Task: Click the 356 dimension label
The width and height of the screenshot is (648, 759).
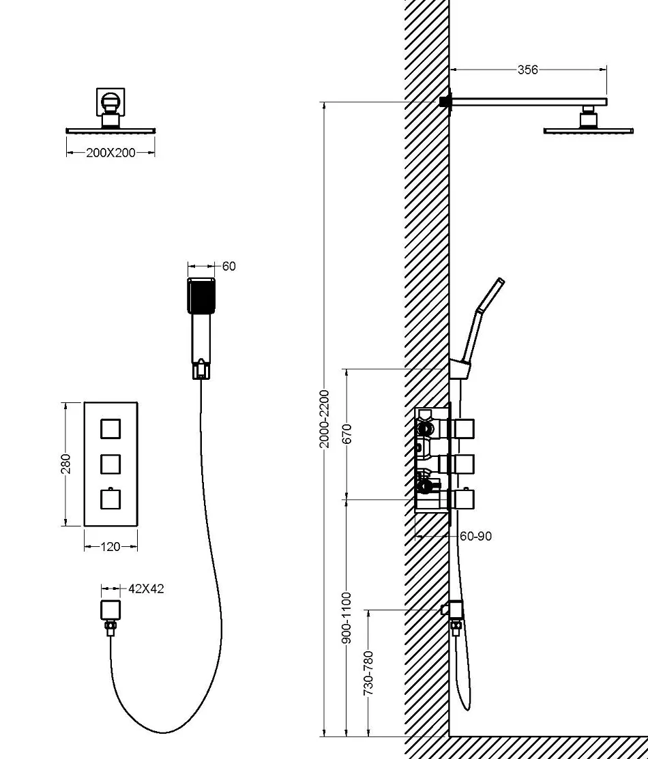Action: pyautogui.click(x=527, y=70)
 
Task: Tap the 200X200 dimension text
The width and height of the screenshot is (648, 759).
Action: pyautogui.click(x=111, y=153)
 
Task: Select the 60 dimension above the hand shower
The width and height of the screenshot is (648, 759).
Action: pyautogui.click(x=229, y=266)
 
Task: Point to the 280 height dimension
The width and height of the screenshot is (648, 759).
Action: pyautogui.click(x=66, y=464)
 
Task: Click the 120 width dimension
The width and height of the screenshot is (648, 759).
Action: pyautogui.click(x=111, y=547)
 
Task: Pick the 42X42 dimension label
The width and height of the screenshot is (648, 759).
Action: pyautogui.click(x=146, y=589)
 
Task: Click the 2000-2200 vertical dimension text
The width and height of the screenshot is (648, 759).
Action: pyautogui.click(x=324, y=419)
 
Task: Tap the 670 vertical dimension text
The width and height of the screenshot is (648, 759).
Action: pyautogui.click(x=347, y=434)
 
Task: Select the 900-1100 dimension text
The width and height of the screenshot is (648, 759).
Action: pyautogui.click(x=347, y=618)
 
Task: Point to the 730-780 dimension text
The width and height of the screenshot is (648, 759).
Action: pyautogui.click(x=368, y=673)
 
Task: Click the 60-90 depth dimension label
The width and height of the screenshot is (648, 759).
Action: pyautogui.click(x=475, y=536)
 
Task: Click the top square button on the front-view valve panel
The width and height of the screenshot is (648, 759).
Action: pyautogui.click(x=111, y=429)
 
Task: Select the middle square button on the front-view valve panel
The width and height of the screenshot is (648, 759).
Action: pyautogui.click(x=111, y=464)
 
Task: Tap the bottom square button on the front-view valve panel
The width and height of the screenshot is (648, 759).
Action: pyautogui.click(x=111, y=499)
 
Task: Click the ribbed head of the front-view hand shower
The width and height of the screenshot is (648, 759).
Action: pyautogui.click(x=201, y=296)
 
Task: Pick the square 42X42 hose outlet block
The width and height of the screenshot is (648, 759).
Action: pyautogui.click(x=111, y=610)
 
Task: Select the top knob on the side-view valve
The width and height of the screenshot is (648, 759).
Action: pyautogui.click(x=463, y=429)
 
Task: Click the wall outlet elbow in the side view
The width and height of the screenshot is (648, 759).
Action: pyautogui.click(x=455, y=610)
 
